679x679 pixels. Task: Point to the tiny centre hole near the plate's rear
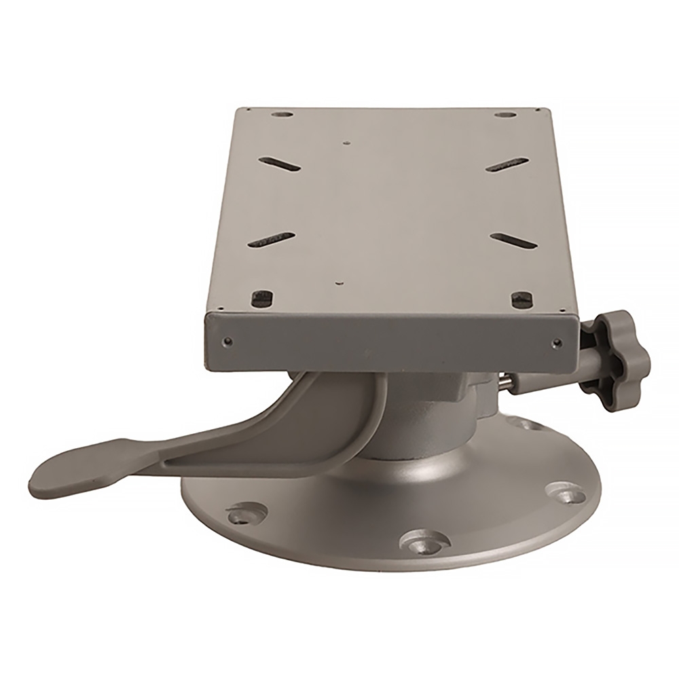coord(347,143)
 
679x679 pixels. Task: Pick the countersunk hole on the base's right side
coord(561,492)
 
